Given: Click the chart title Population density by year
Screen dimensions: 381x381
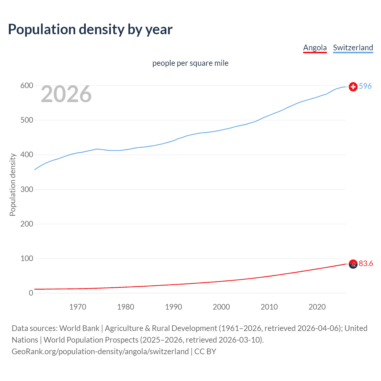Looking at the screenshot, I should click(x=90, y=29).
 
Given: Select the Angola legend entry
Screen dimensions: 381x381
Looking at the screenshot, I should click(x=315, y=48).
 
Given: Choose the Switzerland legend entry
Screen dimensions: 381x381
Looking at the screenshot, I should click(x=353, y=48).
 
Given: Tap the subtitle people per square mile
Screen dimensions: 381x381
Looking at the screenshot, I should click(x=190, y=63).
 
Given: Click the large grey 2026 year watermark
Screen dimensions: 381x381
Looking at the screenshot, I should click(x=66, y=94).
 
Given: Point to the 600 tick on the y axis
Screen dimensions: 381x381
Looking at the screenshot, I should click(x=26, y=86).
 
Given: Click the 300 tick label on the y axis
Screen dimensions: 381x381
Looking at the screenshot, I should click(x=26, y=189).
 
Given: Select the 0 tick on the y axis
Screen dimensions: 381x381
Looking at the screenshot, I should click(x=31, y=293).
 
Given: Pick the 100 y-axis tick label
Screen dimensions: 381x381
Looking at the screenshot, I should click(x=26, y=258).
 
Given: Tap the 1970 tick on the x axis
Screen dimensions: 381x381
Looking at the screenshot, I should click(x=78, y=307).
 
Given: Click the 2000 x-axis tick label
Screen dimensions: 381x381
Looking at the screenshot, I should click(x=221, y=307).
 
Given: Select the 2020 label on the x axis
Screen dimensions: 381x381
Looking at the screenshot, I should click(x=317, y=307).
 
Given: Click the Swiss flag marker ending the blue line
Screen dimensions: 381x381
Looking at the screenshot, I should click(x=353, y=87).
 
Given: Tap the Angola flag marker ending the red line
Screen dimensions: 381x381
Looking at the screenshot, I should click(x=353, y=264).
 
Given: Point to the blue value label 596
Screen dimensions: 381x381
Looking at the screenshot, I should click(x=365, y=86).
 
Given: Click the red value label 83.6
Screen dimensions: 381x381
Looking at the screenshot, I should click(x=366, y=263).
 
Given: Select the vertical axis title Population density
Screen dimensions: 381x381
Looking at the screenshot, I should click(x=13, y=185).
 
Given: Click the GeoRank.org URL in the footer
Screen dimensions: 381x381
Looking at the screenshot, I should click(x=100, y=352).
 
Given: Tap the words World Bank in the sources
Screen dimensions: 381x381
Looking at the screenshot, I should click(x=79, y=328).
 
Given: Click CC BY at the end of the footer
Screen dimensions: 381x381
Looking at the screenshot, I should click(x=205, y=352).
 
